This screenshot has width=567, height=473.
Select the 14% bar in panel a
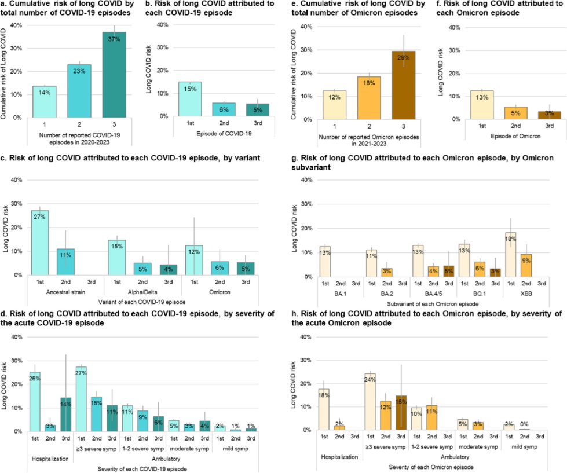click(44, 102)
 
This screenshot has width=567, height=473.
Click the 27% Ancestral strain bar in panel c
click(40, 243)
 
